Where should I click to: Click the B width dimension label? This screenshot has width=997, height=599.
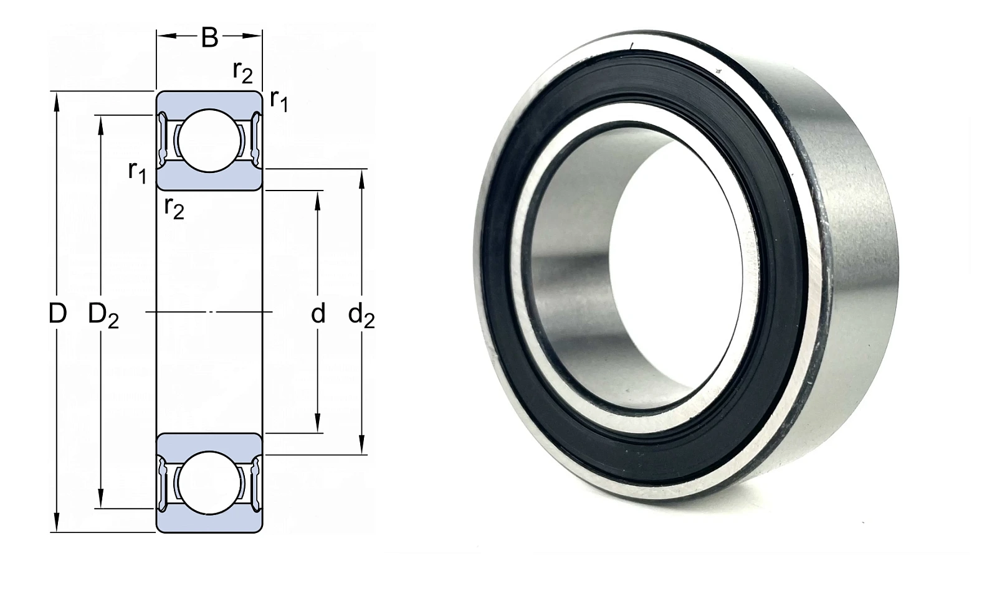pos(209,37)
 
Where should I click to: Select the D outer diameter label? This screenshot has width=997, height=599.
pos(57,313)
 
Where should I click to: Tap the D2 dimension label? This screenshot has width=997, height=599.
pos(103,315)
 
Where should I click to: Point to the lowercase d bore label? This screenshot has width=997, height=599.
pos(318,313)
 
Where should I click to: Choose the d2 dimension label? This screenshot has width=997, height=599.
pos(361,316)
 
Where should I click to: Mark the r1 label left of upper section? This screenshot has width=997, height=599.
pos(137,172)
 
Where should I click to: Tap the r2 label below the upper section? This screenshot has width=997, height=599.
pos(174,207)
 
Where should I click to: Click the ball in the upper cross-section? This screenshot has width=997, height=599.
pos(209,141)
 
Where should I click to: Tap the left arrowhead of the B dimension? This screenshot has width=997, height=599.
pos(168,36)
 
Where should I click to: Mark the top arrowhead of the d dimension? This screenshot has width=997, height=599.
pos(318,202)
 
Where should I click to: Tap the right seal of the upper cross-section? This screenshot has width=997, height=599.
pos(256,141)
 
